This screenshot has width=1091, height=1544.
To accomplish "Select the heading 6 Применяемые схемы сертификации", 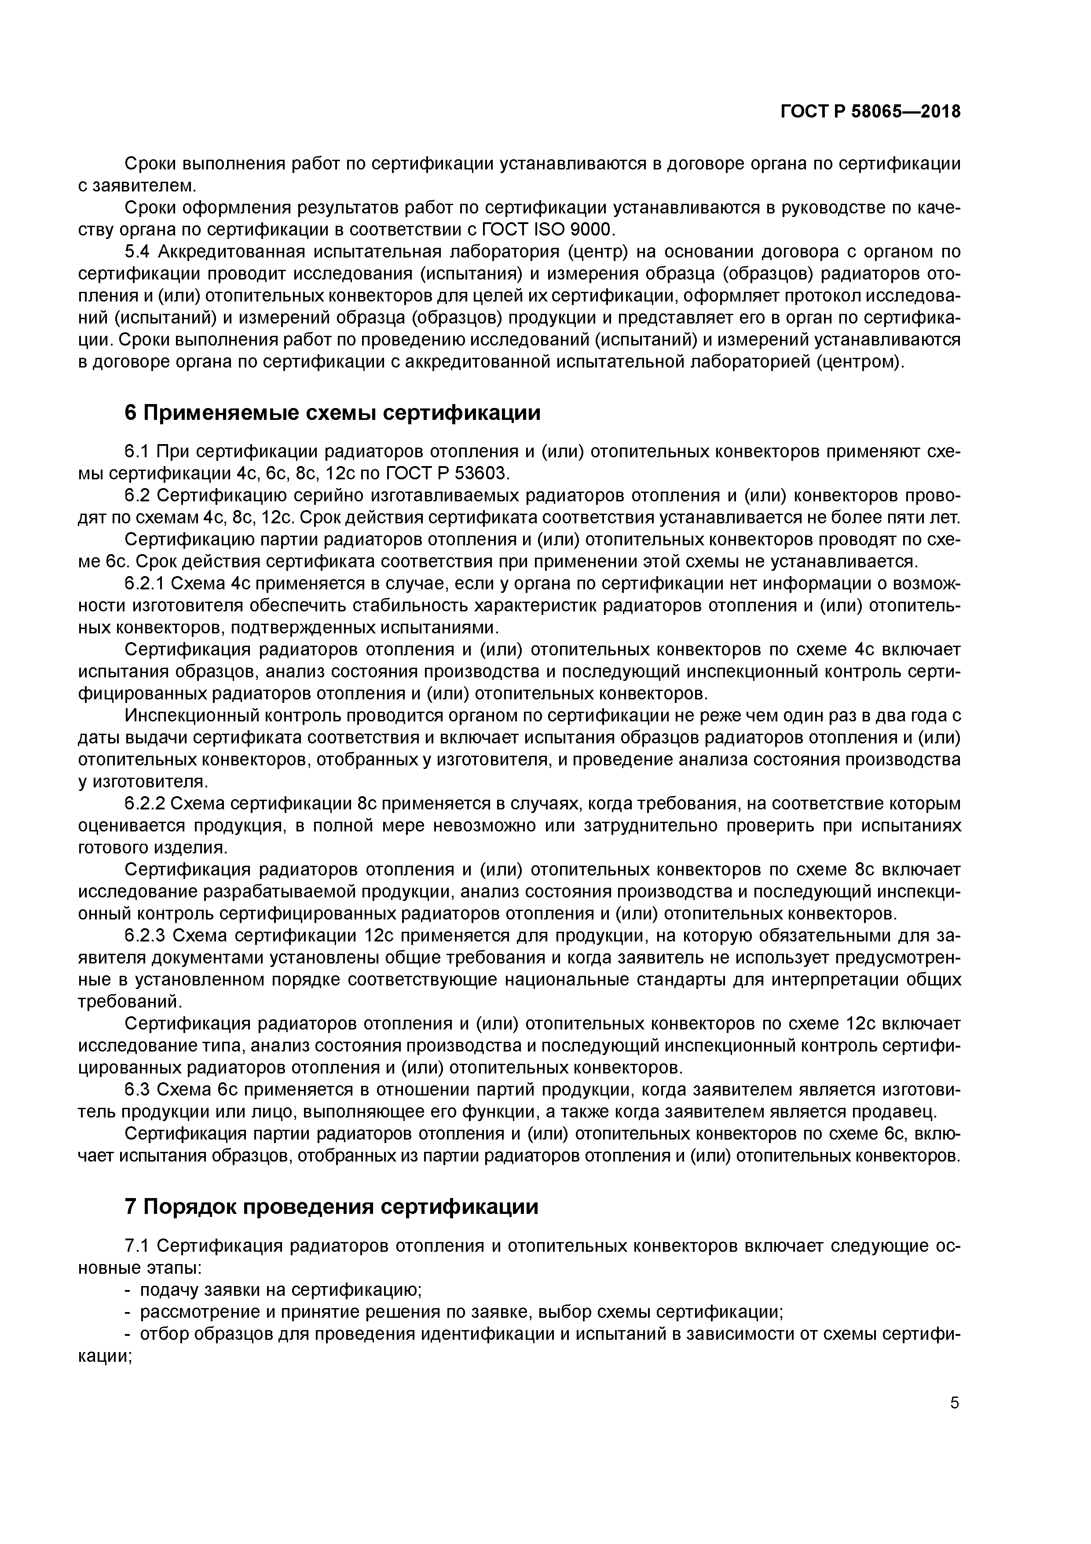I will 333,413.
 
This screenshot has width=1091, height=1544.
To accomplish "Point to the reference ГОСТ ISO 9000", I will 546,230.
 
